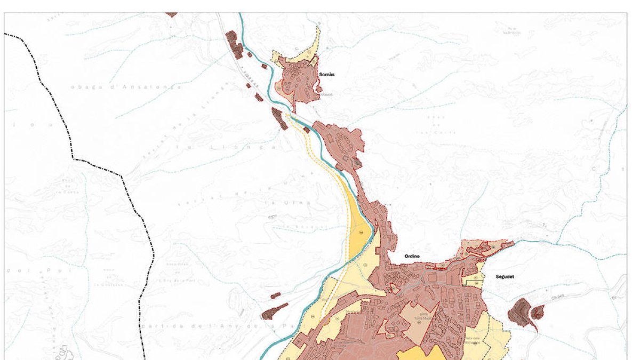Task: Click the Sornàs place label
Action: tap(326, 75)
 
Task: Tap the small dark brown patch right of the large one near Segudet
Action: tap(538, 311)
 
